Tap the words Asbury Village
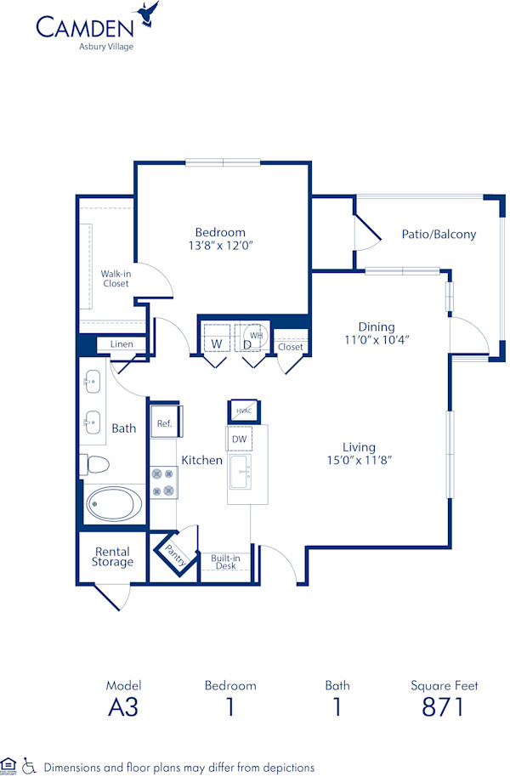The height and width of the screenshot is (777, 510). point(101,47)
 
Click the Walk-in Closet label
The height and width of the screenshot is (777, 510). point(116,279)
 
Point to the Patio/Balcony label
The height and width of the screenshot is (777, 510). point(439,234)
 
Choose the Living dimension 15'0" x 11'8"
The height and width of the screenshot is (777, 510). point(359,460)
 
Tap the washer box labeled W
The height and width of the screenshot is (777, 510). point(217,343)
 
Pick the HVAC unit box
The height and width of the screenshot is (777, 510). point(243,411)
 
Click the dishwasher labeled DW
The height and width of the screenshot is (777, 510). point(239,439)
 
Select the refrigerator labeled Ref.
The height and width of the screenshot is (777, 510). point(163,423)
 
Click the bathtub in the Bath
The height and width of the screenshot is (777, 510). point(114,503)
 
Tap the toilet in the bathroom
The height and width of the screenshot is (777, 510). point(95,464)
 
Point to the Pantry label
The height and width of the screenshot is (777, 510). point(177,557)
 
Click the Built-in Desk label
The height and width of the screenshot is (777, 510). point(225,562)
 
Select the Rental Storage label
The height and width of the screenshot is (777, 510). point(112,557)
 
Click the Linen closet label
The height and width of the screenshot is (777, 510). point(122,344)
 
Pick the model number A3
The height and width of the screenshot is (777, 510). point(123,706)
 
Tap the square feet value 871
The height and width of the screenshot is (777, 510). point(444,706)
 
